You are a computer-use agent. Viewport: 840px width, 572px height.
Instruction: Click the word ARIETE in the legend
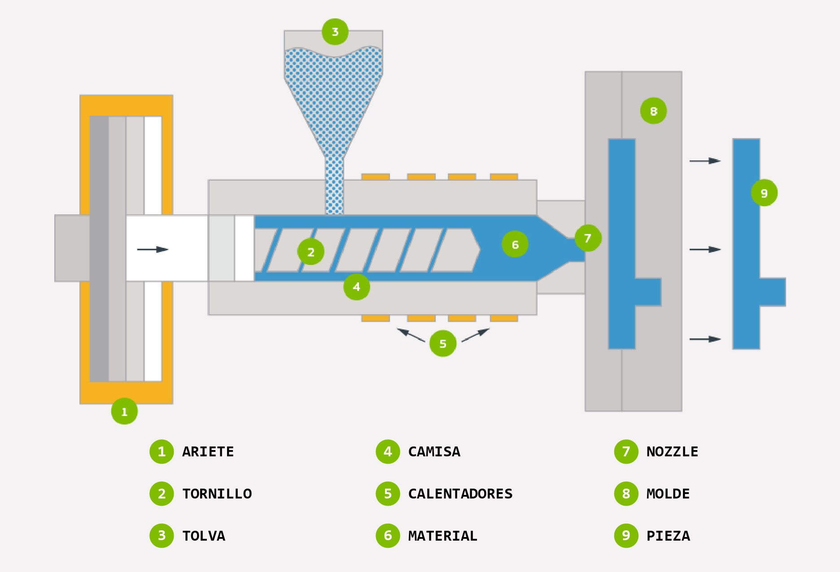click(208, 451)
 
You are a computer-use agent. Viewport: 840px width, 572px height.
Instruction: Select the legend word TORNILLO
click(217, 494)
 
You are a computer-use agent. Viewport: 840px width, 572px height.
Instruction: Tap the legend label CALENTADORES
click(460, 494)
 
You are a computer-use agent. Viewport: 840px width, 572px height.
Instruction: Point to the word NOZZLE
click(672, 451)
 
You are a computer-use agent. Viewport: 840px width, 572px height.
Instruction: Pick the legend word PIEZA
click(668, 536)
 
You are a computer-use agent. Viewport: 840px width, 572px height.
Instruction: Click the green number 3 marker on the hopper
click(335, 32)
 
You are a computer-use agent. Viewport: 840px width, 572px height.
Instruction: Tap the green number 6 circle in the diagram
click(515, 244)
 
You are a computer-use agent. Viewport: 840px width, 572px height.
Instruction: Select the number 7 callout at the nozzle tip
click(588, 238)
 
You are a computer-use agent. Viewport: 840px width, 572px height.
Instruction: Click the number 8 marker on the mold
click(653, 111)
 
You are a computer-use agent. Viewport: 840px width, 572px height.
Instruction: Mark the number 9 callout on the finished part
click(764, 193)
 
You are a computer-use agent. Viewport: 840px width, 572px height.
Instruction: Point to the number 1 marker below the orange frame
click(124, 411)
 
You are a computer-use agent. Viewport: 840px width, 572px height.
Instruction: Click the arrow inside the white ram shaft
click(153, 249)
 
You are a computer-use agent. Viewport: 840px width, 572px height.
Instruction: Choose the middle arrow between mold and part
click(705, 249)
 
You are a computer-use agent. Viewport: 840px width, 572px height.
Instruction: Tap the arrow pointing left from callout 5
click(411, 335)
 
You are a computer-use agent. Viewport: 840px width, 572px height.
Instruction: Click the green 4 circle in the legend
click(388, 451)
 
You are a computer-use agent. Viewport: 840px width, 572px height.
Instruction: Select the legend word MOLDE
click(668, 494)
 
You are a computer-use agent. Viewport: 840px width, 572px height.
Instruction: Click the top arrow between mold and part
click(705, 160)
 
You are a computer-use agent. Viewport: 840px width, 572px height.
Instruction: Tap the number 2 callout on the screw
click(311, 252)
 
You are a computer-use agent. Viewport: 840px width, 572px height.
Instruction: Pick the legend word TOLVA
click(203, 536)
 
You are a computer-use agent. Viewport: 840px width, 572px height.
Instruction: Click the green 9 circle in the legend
click(626, 536)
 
